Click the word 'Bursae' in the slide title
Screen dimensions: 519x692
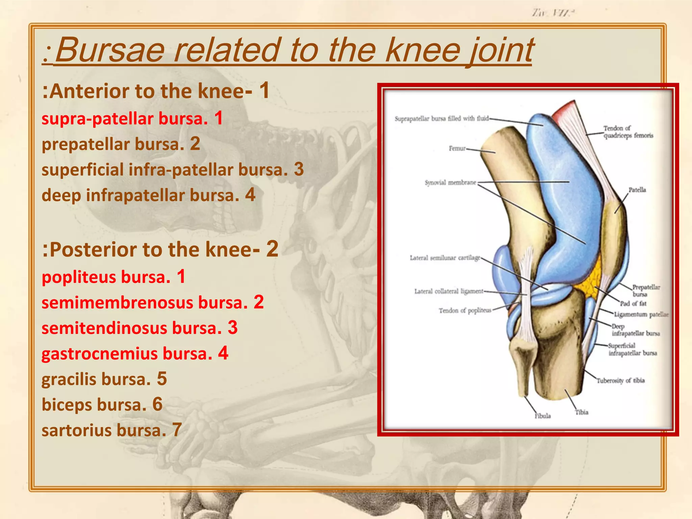(110, 51)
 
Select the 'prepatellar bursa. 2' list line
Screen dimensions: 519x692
(121, 144)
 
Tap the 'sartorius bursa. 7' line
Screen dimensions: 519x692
(112, 430)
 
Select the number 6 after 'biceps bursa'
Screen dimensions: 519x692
(157, 404)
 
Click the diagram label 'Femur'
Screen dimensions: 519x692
(457, 148)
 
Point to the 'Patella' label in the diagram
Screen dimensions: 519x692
(637, 190)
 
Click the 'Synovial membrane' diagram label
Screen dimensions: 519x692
(450, 183)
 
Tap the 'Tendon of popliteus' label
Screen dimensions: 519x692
(465, 310)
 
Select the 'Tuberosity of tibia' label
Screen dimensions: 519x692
(620, 381)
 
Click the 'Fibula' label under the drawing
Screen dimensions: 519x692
(543, 416)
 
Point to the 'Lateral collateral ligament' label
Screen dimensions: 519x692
(449, 291)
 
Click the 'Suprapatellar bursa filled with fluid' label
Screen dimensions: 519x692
(442, 119)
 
